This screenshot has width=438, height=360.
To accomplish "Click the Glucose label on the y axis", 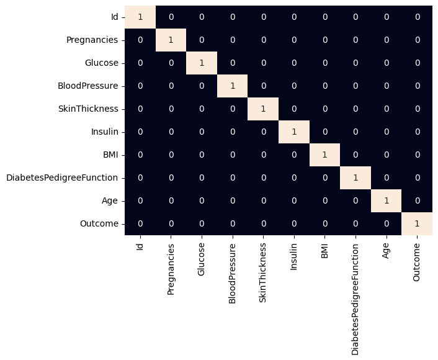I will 101,63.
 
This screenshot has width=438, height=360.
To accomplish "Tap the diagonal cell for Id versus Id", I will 140,17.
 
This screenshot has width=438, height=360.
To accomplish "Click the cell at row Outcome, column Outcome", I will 417,223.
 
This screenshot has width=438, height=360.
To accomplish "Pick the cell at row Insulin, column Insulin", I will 294,132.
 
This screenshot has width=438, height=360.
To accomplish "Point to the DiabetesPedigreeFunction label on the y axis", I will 62,178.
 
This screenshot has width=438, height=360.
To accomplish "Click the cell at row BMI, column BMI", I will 324,155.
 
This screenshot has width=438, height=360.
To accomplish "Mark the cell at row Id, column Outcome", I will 417,17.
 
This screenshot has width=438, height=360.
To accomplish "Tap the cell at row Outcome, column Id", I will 140,223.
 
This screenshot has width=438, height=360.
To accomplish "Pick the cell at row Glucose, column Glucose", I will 202,63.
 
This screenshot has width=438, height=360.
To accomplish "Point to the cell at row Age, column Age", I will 387,200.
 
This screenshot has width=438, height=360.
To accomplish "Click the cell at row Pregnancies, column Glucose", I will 202,40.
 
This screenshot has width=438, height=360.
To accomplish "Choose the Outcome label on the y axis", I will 101,223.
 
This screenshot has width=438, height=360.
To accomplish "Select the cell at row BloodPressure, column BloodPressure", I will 233,86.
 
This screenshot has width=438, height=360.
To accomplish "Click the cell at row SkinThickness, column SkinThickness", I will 263,109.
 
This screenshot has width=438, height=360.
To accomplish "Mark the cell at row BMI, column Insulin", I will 294,155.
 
